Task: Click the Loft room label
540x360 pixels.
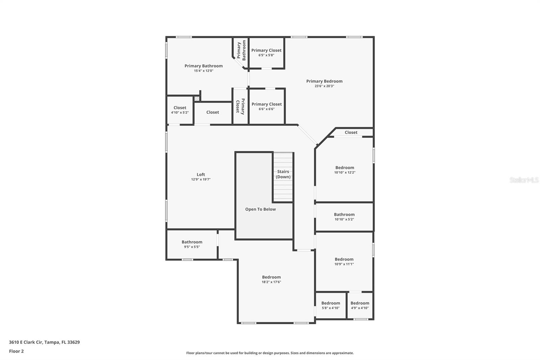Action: tap(201, 175)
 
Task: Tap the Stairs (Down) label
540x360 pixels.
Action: tap(283, 174)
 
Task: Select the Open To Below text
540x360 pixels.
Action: tap(260, 209)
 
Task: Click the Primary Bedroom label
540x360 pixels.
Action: tap(324, 81)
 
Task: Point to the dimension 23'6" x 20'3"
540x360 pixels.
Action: tap(324, 86)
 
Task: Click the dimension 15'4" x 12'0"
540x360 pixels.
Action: tap(204, 71)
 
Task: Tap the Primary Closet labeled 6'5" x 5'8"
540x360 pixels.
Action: tap(266, 50)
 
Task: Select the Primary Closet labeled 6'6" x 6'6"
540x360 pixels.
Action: tap(267, 104)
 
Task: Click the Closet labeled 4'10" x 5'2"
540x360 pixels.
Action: tap(180, 108)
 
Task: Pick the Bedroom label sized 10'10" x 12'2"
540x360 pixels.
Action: tap(345, 168)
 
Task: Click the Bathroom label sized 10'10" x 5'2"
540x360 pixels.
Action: tap(344, 214)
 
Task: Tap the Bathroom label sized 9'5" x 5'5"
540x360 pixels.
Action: tap(192, 242)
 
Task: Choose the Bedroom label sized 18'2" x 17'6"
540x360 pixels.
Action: tap(271, 277)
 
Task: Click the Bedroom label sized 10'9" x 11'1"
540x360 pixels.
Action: tap(344, 259)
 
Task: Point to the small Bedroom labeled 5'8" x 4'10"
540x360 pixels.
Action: tap(331, 303)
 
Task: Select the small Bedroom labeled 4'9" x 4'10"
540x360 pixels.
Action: tap(360, 303)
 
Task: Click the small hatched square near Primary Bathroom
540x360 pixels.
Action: tap(197, 99)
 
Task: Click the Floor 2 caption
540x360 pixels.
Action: tap(16, 351)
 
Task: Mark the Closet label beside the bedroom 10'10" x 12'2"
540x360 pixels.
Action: tap(351, 132)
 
